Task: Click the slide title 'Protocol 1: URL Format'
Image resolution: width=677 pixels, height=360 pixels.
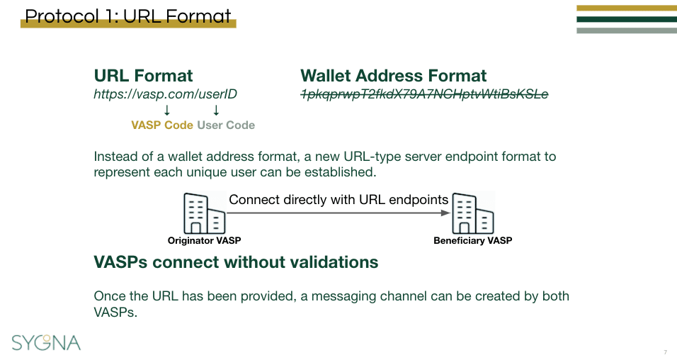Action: (128, 16)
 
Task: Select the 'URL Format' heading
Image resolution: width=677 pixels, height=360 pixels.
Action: (143, 76)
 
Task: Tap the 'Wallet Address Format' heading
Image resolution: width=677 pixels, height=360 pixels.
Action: (393, 76)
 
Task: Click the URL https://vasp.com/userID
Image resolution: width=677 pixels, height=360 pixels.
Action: (165, 94)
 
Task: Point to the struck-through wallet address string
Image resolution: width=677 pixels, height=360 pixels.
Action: (424, 94)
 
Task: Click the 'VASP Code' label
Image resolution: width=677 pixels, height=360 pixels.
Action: (161, 125)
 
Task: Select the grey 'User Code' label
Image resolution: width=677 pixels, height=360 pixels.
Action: (226, 125)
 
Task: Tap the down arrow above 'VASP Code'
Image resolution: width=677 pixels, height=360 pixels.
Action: (167, 110)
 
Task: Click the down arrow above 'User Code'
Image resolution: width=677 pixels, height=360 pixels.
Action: (216, 110)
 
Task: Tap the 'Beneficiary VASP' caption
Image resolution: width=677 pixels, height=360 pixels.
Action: (472, 241)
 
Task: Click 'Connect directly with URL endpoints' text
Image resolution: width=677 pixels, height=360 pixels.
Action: (338, 200)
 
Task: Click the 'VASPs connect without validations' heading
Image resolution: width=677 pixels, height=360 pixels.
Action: (236, 262)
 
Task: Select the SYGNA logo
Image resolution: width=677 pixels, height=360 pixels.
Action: (46, 342)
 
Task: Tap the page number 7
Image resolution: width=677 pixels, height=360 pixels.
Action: (665, 352)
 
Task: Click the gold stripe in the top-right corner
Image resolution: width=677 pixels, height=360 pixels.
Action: (626, 9)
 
